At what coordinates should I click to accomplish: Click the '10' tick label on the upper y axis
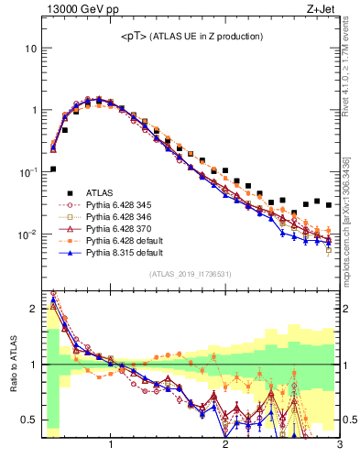pyautogui.click(x=30, y=48)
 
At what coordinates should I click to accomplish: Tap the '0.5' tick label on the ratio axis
pyautogui.click(x=29, y=420)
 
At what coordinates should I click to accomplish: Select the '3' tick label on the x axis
pyautogui.click(x=339, y=446)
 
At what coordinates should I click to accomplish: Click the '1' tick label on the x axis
pyautogui.click(x=111, y=446)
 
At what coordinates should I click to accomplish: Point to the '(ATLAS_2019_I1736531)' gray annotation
pyautogui.click(x=191, y=274)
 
